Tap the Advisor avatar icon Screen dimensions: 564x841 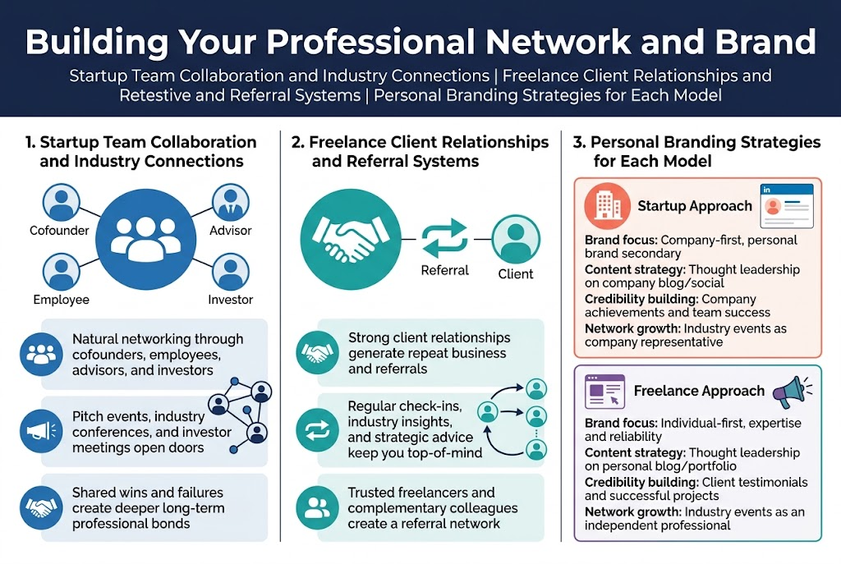[x=230, y=201]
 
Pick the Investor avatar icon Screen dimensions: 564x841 [x=230, y=272]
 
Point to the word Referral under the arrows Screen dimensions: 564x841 [x=444, y=270]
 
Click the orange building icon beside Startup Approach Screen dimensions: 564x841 [x=608, y=205]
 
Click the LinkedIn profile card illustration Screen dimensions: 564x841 [x=786, y=205]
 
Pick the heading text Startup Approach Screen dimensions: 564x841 [x=695, y=206]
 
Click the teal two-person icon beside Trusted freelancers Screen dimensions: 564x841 [x=316, y=506]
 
